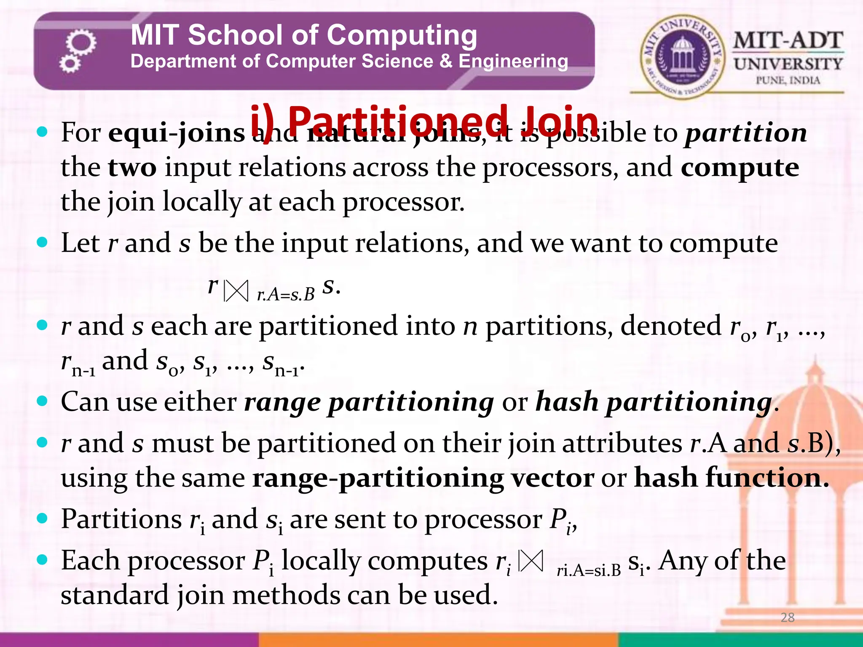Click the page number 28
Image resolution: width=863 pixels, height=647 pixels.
tap(787, 618)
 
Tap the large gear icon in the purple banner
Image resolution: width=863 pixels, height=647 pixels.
tap(81, 43)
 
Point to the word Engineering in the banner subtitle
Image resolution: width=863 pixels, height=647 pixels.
tap(513, 61)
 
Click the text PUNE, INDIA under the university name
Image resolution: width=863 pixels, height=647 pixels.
tap(788, 80)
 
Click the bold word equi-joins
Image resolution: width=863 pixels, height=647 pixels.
tap(177, 133)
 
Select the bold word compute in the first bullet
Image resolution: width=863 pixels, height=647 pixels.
tap(740, 168)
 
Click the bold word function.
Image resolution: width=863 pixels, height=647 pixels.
tap(732, 478)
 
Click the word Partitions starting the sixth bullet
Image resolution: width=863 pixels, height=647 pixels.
tap(121, 519)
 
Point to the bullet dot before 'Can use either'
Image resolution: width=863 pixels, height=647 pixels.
tap(42, 401)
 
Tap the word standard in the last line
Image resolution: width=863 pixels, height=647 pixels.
tap(115, 595)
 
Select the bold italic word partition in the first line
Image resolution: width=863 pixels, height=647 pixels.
tap(745, 133)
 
